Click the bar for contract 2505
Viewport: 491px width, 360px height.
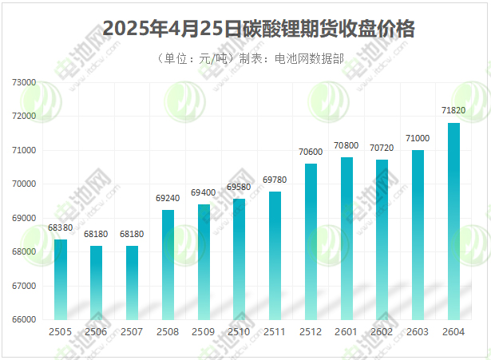pos(61,279)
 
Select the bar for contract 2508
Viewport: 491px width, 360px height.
pos(168,264)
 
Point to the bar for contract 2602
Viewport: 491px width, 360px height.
pos(382,239)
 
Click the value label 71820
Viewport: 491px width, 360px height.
pos(453,110)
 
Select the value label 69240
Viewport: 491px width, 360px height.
pos(168,198)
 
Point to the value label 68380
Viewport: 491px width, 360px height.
pos(61,227)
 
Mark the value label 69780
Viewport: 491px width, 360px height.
pos(275,180)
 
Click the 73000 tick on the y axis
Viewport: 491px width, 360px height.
pos(25,82)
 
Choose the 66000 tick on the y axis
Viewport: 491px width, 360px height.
pos(25,319)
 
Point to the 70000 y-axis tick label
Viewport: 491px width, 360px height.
pos(25,184)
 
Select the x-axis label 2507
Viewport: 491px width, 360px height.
pos(132,331)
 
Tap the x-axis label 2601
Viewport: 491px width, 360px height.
pos(346,331)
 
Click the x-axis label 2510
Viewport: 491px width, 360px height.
pos(239,331)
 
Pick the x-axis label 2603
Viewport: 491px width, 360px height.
pos(418,331)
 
